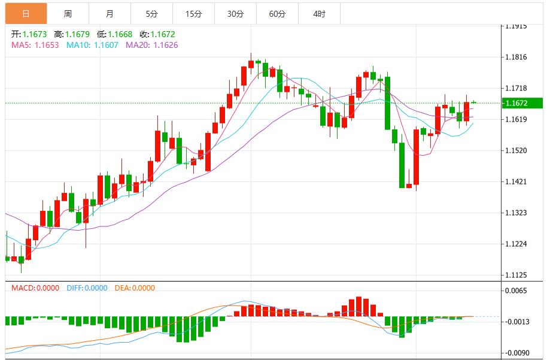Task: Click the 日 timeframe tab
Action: pyautogui.click(x=26, y=13)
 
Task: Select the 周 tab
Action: pyautogui.click(x=68, y=13)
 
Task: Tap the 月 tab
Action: pyautogui.click(x=110, y=13)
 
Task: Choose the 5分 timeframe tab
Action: pyautogui.click(x=151, y=13)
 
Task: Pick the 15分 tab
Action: pyautogui.click(x=193, y=13)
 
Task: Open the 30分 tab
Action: pyautogui.click(x=235, y=13)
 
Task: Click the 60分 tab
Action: pyautogui.click(x=277, y=13)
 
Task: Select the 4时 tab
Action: pyautogui.click(x=319, y=13)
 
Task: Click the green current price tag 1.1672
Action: pyautogui.click(x=522, y=103)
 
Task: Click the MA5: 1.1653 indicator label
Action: pyautogui.click(x=35, y=45)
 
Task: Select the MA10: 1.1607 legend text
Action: pyautogui.click(x=92, y=45)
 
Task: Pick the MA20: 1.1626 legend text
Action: pyautogui.click(x=151, y=45)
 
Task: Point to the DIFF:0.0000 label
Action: pyautogui.click(x=87, y=288)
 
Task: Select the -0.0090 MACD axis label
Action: pyautogui.click(x=517, y=353)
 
